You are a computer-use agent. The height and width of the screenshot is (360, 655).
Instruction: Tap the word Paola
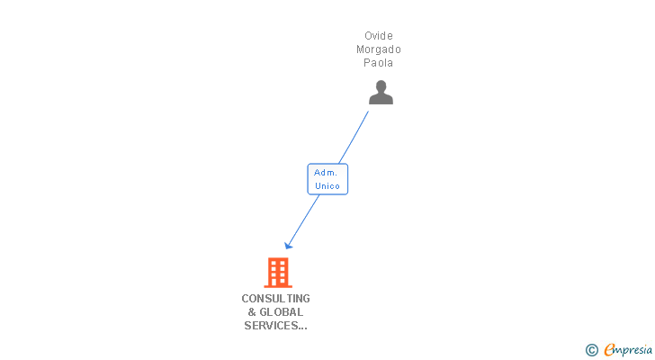tap(379, 63)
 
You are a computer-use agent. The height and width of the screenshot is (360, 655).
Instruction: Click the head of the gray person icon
tap(381, 85)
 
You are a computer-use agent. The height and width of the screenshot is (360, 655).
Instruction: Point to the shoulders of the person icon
tap(381, 99)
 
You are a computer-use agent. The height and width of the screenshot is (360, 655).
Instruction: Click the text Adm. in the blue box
tap(327, 172)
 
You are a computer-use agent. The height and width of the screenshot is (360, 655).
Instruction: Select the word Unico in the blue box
tap(327, 186)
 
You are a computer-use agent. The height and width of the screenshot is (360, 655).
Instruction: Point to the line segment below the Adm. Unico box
tap(304, 219)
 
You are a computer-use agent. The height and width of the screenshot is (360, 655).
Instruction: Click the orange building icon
tap(278, 272)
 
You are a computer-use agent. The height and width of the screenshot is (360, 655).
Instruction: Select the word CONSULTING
tap(275, 298)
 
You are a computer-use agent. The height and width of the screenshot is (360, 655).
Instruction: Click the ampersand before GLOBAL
tap(252, 311)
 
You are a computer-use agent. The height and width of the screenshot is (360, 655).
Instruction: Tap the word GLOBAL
tap(282, 311)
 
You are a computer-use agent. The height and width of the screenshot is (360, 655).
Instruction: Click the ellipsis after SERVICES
tap(302, 327)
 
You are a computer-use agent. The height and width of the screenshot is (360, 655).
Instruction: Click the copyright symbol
tap(592, 349)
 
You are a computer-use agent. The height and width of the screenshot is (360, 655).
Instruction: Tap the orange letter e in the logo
tap(608, 349)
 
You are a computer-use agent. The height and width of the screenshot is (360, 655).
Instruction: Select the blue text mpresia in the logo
tap(633, 349)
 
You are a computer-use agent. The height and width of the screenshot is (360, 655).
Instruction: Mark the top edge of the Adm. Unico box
tap(327, 165)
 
